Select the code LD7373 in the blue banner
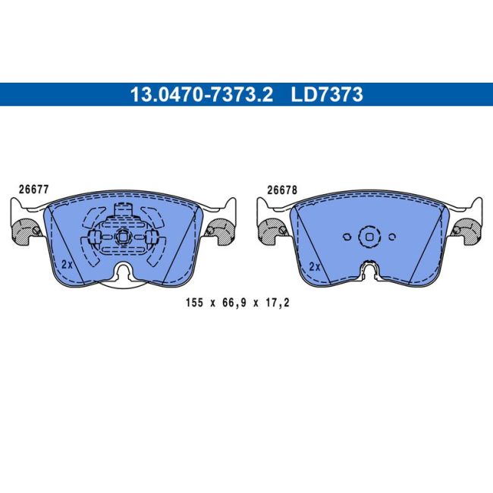pos(327,95)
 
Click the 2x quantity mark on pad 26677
pos(66,264)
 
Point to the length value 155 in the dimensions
pos(195,302)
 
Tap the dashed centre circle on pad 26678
pos(369,236)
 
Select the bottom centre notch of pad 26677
pos(123,271)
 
